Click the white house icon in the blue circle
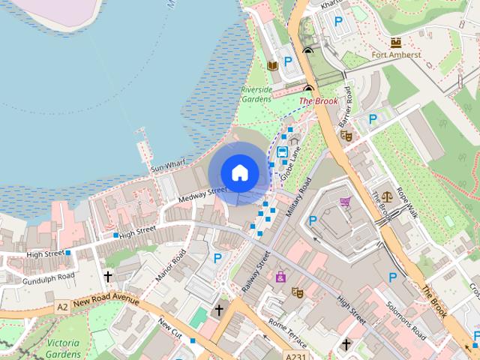pyautogui.click(x=239, y=172)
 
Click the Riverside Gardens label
pyautogui.click(x=256, y=94)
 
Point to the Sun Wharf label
pyautogui.click(x=168, y=166)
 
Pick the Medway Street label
pyautogui.click(x=202, y=193)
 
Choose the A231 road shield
pyautogui.click(x=295, y=356)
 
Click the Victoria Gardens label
pyautogui.click(x=63, y=349)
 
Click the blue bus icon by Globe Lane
pyautogui.click(x=282, y=152)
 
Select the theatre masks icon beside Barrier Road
pyautogui.click(x=346, y=136)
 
